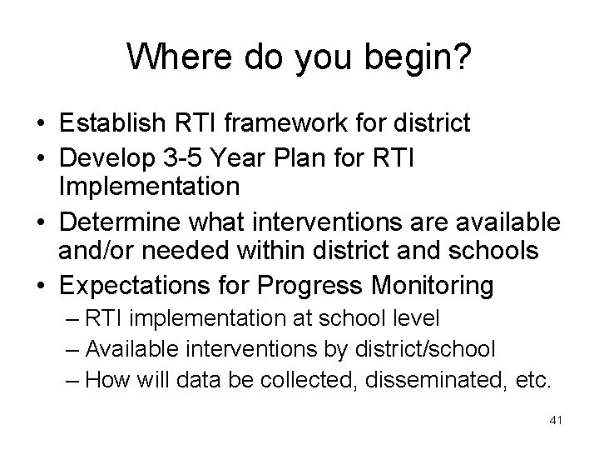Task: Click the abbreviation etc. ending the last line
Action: click(531, 381)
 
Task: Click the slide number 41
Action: click(556, 422)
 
